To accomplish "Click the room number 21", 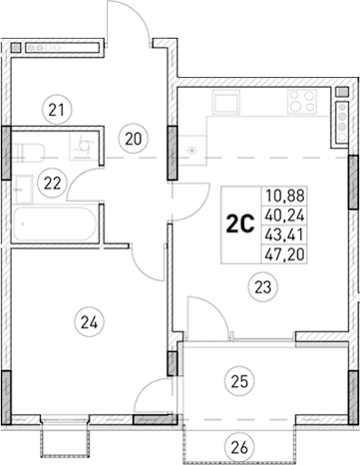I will pyautogui.click(x=56, y=108).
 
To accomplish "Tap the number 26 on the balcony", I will pyautogui.click(x=237, y=445).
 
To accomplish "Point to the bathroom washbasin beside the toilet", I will pyautogui.click(x=83, y=147).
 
